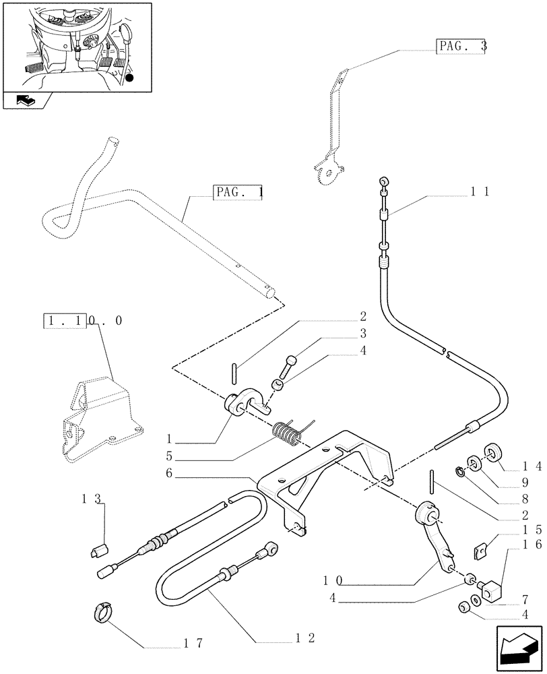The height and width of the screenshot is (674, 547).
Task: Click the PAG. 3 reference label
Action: (x=461, y=47)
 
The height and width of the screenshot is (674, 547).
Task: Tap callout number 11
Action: (x=480, y=191)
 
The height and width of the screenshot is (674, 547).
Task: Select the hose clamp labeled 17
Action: (x=100, y=613)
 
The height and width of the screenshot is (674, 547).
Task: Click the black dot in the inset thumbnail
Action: (x=130, y=78)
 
